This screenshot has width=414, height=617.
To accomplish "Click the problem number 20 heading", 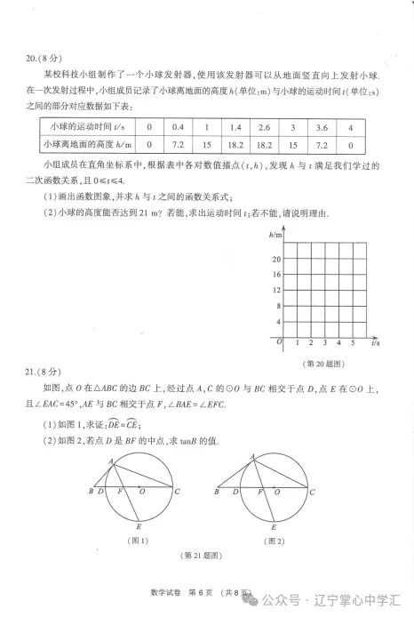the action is pos(34,60).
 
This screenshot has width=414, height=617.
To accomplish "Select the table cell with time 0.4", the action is pos(178,126).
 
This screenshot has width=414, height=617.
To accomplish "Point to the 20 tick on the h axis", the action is pos(277,259).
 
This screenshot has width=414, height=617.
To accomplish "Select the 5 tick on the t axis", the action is pos(353,342).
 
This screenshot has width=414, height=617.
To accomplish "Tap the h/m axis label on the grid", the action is pos(275,234).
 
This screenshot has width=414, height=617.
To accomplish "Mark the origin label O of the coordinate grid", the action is pos(279,341).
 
